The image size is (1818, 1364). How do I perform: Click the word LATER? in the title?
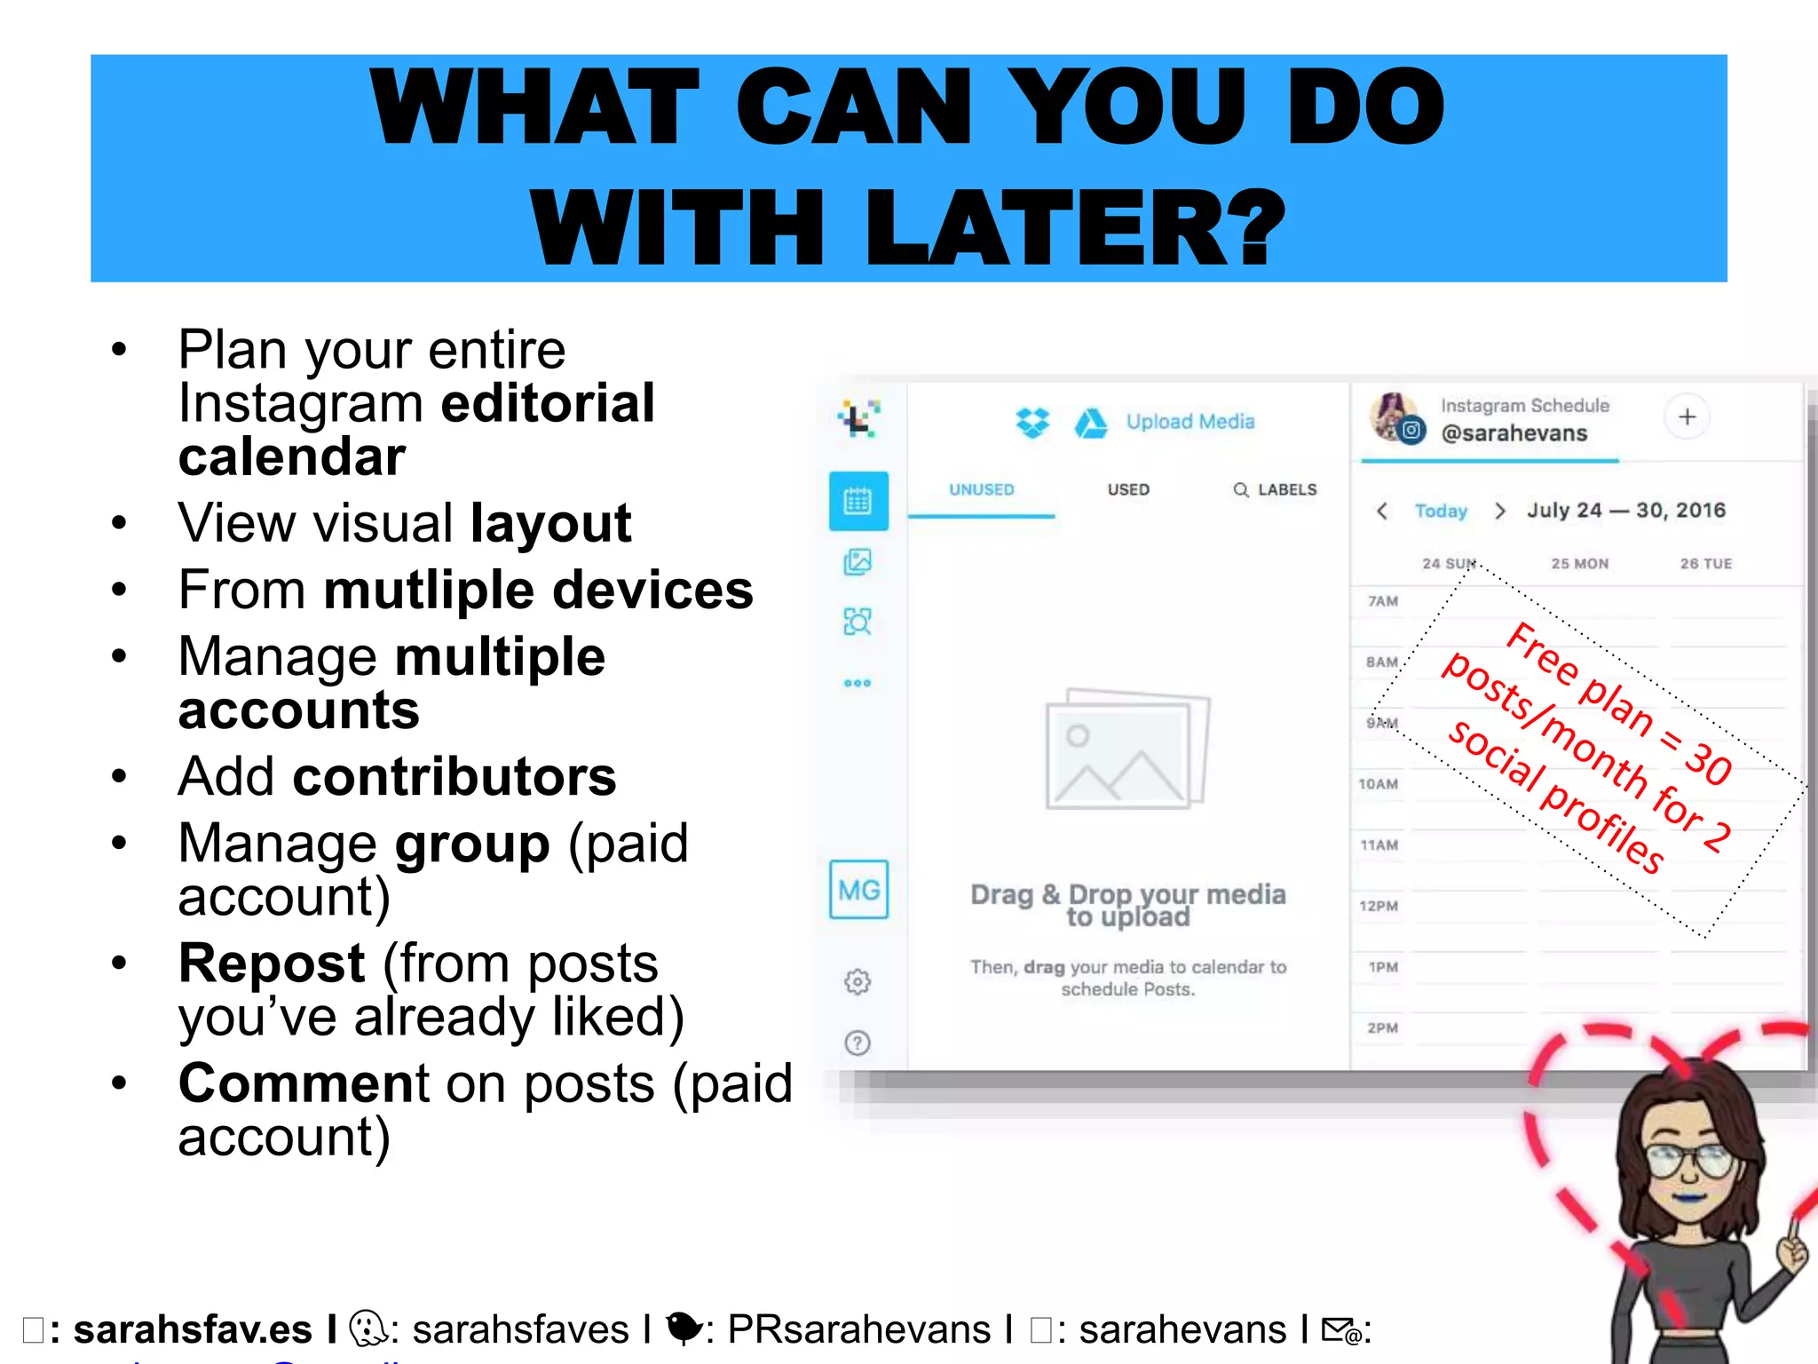pos(1074,227)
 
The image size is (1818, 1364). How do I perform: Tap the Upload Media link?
pos(1190,422)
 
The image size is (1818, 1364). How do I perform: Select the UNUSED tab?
pos(981,490)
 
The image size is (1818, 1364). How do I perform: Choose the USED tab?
pos(1128,490)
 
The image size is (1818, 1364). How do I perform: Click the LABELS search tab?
pos(1276,490)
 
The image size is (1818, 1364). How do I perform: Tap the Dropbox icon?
pos(1032,423)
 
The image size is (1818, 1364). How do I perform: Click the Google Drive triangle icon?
pos(1090,424)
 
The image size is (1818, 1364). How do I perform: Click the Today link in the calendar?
pos(1440,511)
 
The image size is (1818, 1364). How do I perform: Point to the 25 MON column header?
pos(1579,564)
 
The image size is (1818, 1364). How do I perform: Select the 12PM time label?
pos(1379,907)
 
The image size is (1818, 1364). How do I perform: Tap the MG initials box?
pos(858,890)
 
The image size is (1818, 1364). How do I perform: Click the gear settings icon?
pos(858,982)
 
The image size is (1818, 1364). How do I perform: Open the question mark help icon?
pos(858,1043)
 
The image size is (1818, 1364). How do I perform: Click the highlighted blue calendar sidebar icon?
pos(858,502)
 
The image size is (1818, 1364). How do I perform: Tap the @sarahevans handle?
pos(1514,434)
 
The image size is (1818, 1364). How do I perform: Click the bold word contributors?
pos(454,777)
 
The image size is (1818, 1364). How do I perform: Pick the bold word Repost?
pos(272,964)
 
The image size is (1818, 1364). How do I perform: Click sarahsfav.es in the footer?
pos(193,1330)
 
